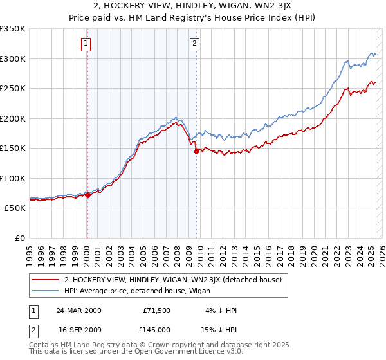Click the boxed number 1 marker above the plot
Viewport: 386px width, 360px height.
pyautogui.click(x=86, y=44)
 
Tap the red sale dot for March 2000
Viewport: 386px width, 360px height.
pyautogui.click(x=87, y=195)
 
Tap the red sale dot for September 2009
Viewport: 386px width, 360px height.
pyautogui.click(x=196, y=152)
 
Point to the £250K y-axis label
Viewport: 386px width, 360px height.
pyautogui.click(x=13, y=89)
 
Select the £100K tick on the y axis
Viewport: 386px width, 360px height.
pyautogui.click(x=13, y=178)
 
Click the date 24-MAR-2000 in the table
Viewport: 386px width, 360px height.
pyautogui.click(x=78, y=310)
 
